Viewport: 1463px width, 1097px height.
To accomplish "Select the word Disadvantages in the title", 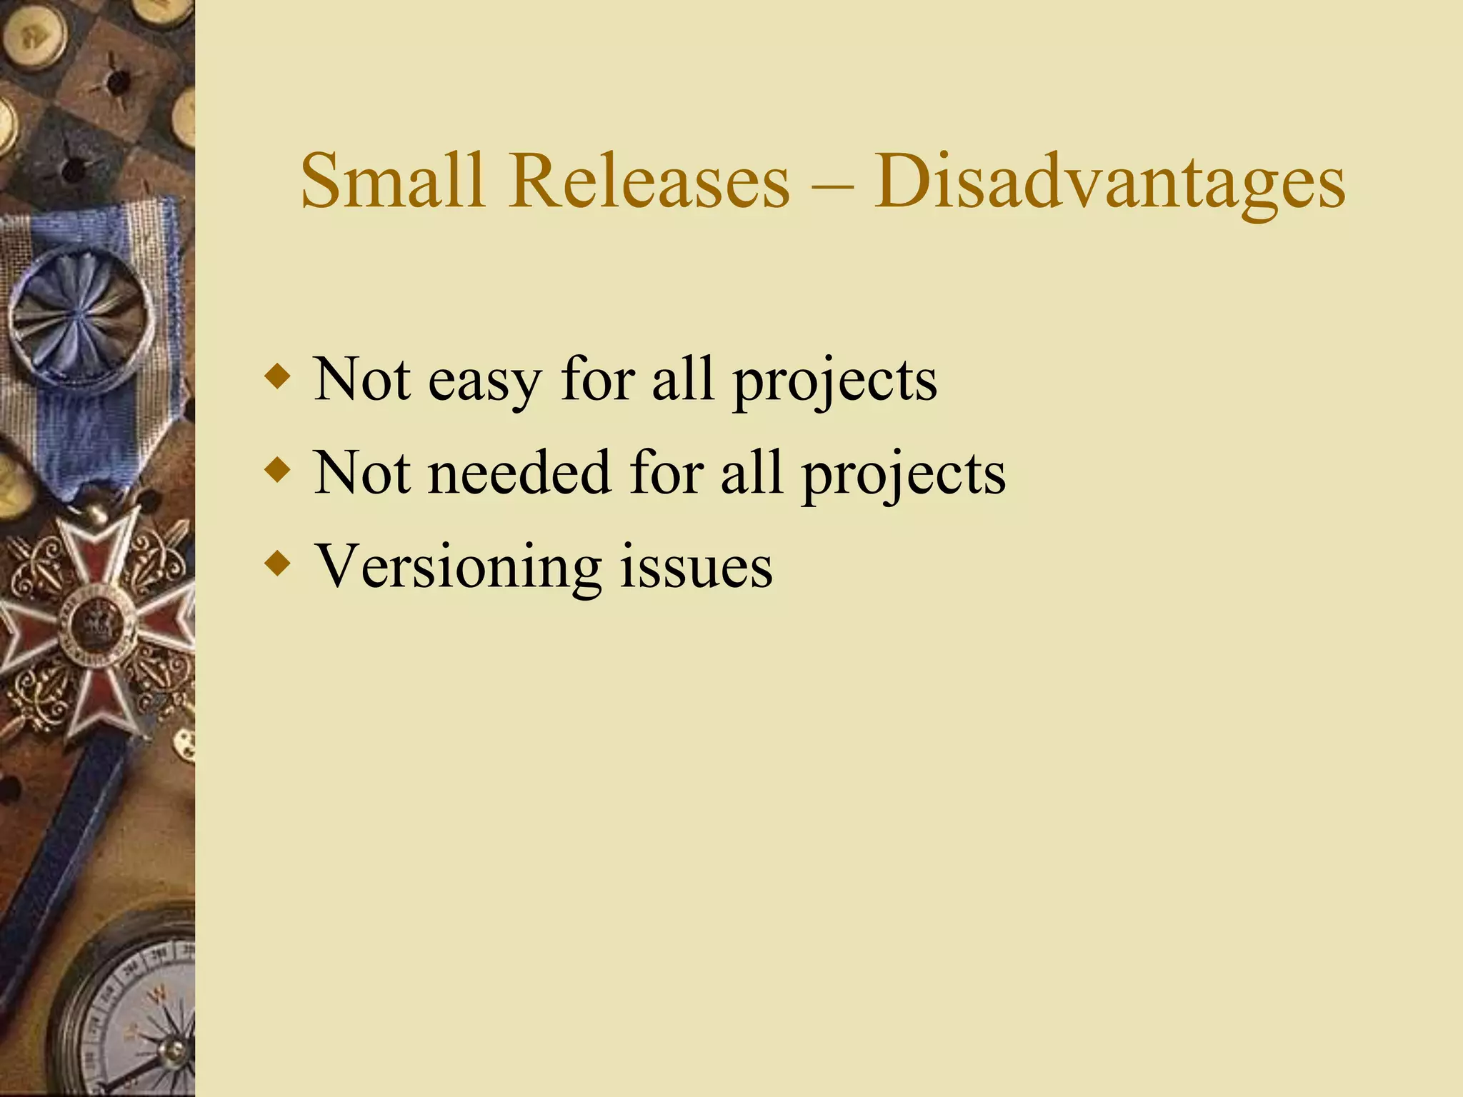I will click(x=1109, y=182).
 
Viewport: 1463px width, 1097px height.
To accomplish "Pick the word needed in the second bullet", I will click(x=519, y=473).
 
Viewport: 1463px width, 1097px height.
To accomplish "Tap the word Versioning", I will click(x=458, y=567).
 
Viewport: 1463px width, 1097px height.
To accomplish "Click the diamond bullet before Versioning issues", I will click(x=277, y=563).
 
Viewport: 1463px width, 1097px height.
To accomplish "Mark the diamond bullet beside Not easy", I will click(x=277, y=376).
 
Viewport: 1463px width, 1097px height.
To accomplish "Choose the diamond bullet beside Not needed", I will click(x=277, y=470).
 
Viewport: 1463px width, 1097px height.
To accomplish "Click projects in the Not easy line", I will click(x=835, y=383).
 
